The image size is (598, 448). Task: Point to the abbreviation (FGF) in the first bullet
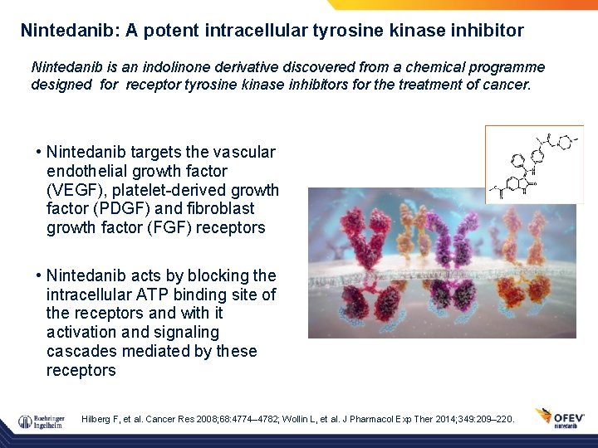[168, 227]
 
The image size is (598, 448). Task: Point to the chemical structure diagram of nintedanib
[534, 163]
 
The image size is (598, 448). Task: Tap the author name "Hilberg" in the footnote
[97, 420]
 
